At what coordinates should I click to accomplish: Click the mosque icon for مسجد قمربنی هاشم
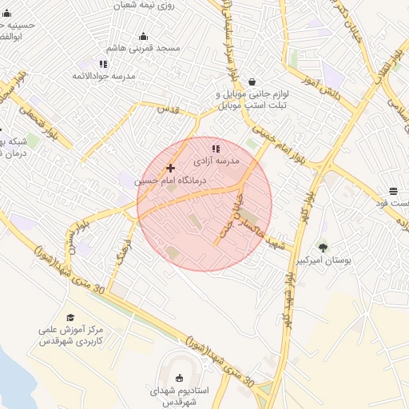(143, 36)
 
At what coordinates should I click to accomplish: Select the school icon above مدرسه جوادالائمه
(103, 64)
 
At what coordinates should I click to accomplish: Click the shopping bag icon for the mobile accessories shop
(252, 81)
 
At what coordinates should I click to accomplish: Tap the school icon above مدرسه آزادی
(215, 149)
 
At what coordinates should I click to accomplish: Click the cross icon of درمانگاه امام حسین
(170, 168)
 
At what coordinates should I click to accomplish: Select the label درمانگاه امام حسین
(169, 181)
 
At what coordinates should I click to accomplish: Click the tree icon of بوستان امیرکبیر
(323, 248)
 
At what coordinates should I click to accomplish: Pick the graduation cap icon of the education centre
(70, 317)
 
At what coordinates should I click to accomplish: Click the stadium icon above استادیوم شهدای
(178, 378)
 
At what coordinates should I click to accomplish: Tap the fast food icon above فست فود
(393, 191)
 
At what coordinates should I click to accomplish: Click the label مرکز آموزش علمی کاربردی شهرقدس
(73, 335)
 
